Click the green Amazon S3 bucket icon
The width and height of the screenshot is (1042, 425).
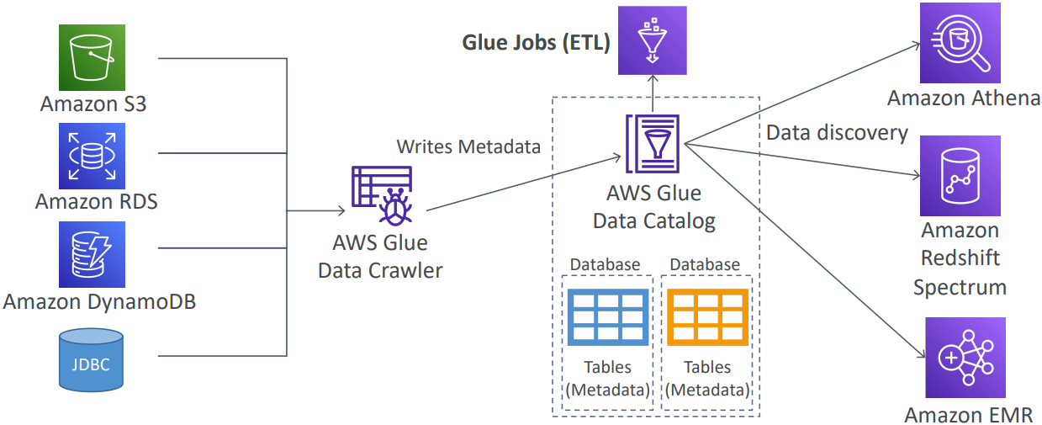click(93, 57)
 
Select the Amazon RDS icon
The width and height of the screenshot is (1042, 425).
click(93, 156)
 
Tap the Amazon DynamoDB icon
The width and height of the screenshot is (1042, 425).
click(93, 254)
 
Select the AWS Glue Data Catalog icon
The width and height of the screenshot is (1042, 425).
click(653, 146)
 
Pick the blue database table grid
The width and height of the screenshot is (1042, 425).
click(607, 318)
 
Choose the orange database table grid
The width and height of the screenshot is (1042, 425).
click(707, 318)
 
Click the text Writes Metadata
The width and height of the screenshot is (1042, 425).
click(468, 147)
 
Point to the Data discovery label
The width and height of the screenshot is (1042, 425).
click(837, 133)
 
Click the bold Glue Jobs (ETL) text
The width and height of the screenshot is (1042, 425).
click(536, 43)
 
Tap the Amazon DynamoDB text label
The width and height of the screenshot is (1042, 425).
click(99, 300)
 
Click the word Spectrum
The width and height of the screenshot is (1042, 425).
click(960, 287)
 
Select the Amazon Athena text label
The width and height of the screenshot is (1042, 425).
click(964, 98)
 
